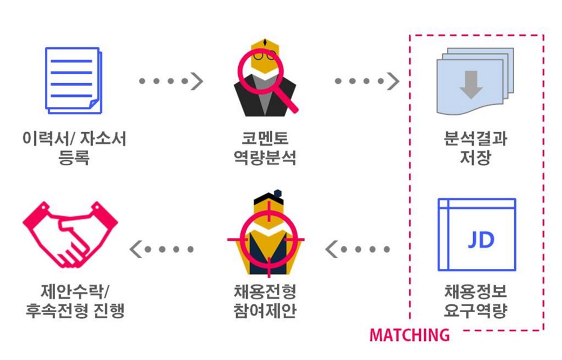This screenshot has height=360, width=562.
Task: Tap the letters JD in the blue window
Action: [481, 240]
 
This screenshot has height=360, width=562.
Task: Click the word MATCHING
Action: [409, 335]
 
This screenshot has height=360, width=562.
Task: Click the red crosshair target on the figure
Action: [265, 239]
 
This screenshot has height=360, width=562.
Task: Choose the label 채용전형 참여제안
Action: [265, 301]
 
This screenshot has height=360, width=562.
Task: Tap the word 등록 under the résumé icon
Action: [74, 158]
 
